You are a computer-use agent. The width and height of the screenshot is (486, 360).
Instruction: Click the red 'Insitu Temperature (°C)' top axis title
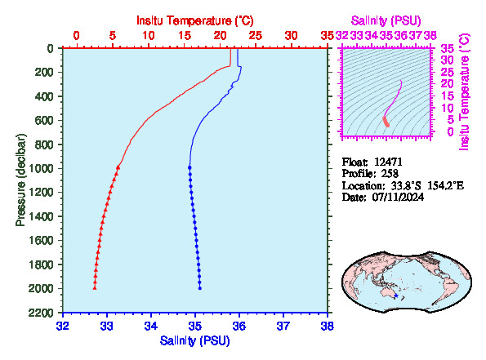[195, 20]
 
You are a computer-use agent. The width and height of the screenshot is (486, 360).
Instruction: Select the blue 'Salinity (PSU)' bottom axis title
[195, 340]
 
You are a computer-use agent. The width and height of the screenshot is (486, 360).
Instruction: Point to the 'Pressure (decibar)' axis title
[20, 180]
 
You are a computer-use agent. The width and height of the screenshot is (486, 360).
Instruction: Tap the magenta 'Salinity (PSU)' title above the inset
[386, 20]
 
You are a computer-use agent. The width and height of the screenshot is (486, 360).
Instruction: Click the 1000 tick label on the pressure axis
[41, 168]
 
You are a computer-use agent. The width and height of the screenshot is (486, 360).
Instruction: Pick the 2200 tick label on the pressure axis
[41, 313]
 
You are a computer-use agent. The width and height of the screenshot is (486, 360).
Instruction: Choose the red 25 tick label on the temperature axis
[256, 36]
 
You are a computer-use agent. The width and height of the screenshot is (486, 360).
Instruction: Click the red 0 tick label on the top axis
[77, 36]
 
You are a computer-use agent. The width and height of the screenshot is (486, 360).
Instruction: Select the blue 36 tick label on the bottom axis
[239, 327]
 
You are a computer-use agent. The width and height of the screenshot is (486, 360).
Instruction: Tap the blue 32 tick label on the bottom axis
[63, 327]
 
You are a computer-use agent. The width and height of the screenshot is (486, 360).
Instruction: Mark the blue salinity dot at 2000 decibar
[200, 288]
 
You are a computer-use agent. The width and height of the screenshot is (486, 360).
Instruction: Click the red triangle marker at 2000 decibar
[95, 288]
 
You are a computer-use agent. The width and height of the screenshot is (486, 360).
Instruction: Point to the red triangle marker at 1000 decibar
[118, 167]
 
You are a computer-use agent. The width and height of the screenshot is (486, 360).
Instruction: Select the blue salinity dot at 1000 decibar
[189, 167]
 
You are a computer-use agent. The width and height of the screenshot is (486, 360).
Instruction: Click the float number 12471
[388, 162]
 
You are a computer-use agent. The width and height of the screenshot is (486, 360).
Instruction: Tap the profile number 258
[390, 173]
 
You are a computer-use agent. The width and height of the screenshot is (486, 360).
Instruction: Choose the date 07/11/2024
[398, 197]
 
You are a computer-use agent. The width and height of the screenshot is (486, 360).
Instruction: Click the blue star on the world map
[396, 296]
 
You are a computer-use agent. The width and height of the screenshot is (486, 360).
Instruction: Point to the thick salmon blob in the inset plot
[386, 122]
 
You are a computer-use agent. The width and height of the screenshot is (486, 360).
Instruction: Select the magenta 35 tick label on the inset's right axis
[448, 48]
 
